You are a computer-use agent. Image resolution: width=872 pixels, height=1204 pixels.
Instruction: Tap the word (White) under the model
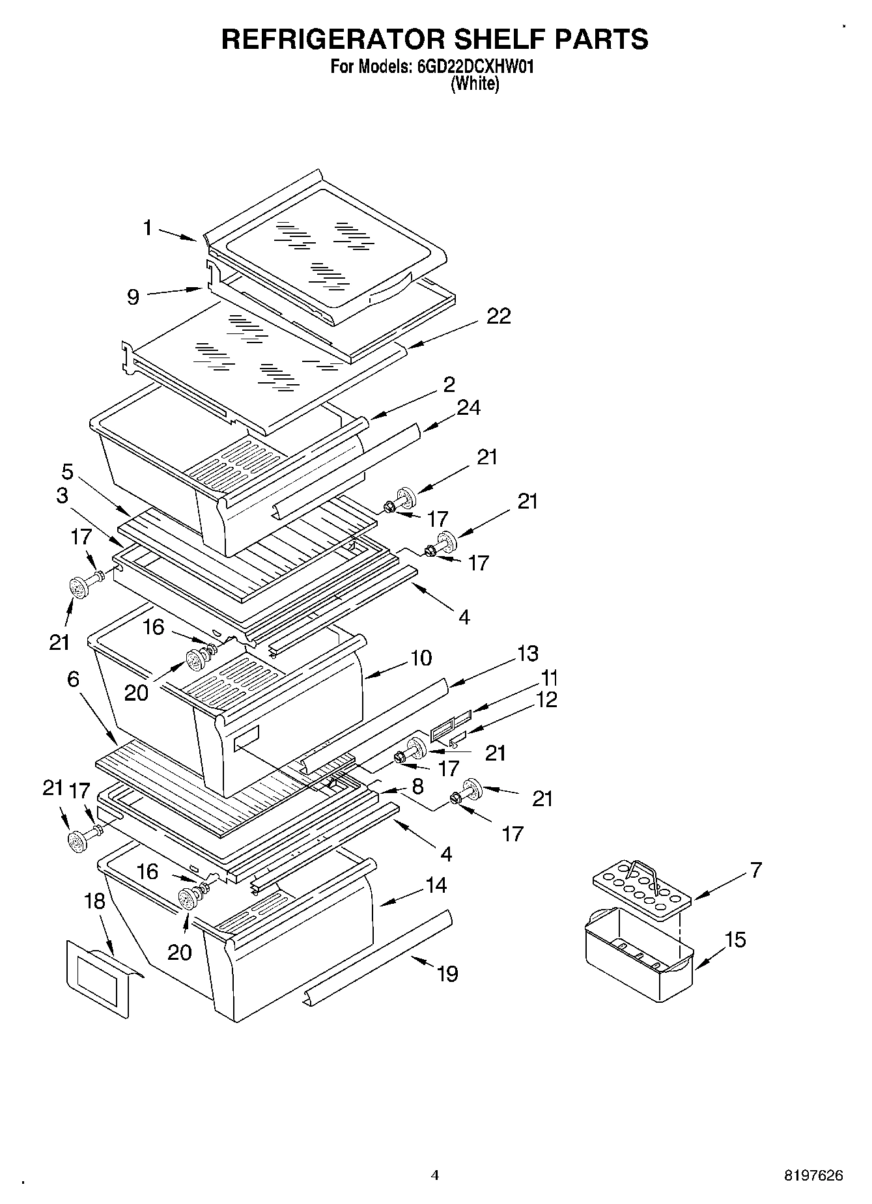pyautogui.click(x=475, y=83)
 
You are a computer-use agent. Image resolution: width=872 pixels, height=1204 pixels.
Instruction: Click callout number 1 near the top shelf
pyautogui.click(x=148, y=228)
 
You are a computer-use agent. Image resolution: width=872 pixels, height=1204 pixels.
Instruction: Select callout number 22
pyautogui.click(x=498, y=316)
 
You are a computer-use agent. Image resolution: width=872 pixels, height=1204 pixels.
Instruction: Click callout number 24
pyautogui.click(x=468, y=408)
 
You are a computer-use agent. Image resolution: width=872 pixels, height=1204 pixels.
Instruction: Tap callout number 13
pyautogui.click(x=528, y=653)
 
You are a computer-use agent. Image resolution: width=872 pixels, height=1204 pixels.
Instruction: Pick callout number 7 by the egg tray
pyautogui.click(x=755, y=870)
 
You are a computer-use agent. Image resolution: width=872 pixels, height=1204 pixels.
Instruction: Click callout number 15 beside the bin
pyautogui.click(x=736, y=940)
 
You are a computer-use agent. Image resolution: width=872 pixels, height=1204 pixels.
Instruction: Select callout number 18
pyautogui.click(x=95, y=901)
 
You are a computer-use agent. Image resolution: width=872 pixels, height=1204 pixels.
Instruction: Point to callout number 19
pyautogui.click(x=447, y=973)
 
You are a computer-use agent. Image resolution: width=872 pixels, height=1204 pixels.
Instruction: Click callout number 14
pyautogui.click(x=436, y=885)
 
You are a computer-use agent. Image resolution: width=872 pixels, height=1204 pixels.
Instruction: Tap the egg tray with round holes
pyautogui.click(x=641, y=888)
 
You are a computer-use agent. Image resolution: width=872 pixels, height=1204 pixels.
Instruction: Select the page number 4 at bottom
pyautogui.click(x=435, y=1175)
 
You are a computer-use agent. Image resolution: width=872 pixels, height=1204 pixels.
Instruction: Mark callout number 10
pyautogui.click(x=421, y=658)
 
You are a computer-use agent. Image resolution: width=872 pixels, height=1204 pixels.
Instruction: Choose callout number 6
pyautogui.click(x=73, y=680)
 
